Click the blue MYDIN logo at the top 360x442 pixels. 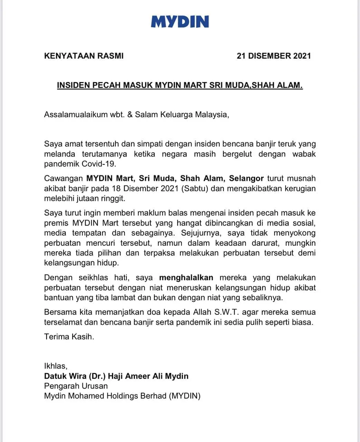tap(180, 21)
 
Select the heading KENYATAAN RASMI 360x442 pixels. tap(84, 56)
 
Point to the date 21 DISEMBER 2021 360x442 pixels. tap(274, 56)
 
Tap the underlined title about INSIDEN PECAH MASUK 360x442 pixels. tap(180, 85)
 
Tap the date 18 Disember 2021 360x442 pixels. tap(143, 189)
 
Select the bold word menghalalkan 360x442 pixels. tap(186, 278)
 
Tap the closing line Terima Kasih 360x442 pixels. tap(69, 337)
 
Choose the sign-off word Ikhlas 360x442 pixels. tap(56, 366)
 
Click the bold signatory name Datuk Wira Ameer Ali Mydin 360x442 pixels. tap(116, 376)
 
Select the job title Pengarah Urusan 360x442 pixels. tap(76, 386)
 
